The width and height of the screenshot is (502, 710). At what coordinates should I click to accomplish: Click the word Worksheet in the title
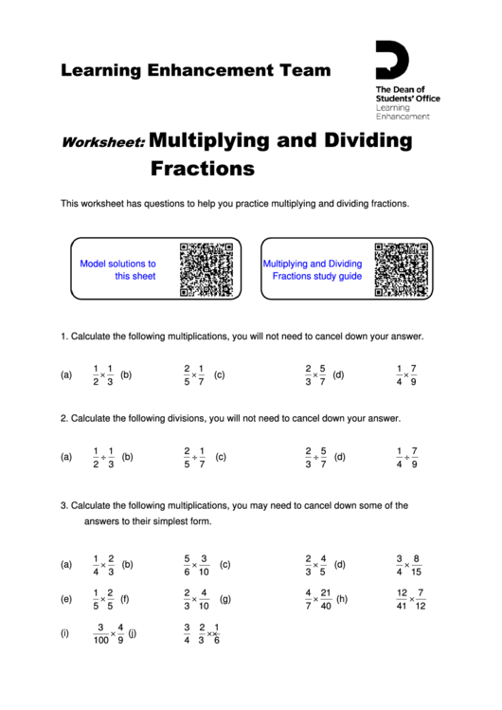click(x=102, y=144)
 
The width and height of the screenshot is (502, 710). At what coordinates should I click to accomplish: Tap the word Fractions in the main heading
click(x=203, y=170)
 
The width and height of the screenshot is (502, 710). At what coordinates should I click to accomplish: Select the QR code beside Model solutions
click(x=206, y=270)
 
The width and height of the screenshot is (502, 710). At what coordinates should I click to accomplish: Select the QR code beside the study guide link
click(x=401, y=270)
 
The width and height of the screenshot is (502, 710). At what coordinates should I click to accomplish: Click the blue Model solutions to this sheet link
click(x=118, y=270)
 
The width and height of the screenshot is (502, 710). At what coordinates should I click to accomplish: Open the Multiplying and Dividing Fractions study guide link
click(x=313, y=270)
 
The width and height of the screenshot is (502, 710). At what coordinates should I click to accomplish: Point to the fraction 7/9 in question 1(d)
click(x=414, y=375)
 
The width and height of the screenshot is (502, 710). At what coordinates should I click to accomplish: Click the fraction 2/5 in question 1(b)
click(x=187, y=375)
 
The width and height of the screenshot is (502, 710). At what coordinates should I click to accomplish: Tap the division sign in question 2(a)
click(x=103, y=457)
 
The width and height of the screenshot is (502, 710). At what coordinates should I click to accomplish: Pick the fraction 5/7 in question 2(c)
click(x=323, y=457)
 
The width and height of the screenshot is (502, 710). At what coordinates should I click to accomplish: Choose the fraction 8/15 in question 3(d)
click(x=417, y=565)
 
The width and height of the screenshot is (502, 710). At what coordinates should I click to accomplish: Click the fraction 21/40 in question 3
click(x=326, y=600)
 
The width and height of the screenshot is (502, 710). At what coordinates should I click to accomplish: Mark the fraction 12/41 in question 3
click(x=403, y=600)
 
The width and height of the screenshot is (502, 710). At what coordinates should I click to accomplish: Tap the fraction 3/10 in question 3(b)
click(x=205, y=565)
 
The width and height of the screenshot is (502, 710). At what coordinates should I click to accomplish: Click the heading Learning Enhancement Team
click(x=196, y=70)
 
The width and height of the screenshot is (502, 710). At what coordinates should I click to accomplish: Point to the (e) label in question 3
click(x=66, y=600)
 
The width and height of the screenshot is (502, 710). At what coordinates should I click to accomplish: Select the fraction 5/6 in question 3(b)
click(x=188, y=565)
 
